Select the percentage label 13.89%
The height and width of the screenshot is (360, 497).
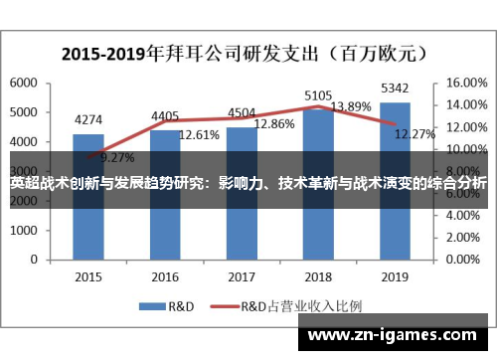coord(350,106)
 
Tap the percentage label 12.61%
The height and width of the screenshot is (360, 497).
coord(199,134)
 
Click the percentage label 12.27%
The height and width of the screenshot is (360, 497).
coord(414,134)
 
